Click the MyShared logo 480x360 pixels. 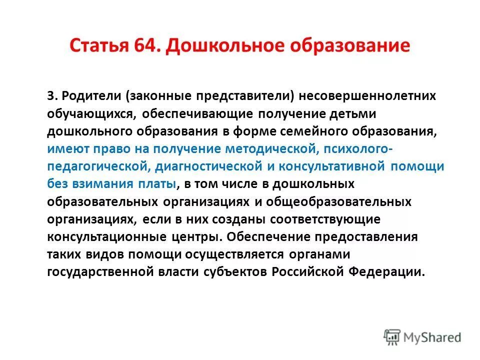(x=422, y=337)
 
